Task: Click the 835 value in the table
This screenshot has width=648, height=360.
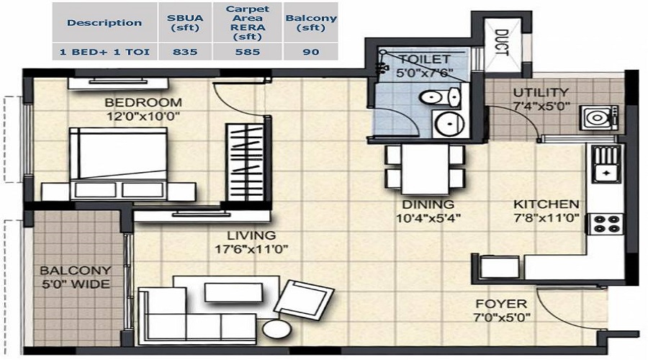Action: point(185,52)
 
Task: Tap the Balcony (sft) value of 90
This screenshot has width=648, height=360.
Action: point(311,52)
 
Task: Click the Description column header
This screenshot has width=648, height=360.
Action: point(104,22)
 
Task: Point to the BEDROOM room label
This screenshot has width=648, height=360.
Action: point(143,102)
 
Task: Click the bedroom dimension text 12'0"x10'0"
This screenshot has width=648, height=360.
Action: point(143,115)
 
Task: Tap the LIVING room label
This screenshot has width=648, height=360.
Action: point(252,235)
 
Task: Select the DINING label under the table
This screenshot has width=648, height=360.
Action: point(428,204)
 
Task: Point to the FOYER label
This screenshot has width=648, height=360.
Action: point(500,304)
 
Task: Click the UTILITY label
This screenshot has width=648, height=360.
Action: point(540,92)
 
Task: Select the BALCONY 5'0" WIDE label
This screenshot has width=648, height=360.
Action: point(75,277)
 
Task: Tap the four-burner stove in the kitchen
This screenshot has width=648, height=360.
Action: point(606,224)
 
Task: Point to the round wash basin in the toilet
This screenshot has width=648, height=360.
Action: point(448,123)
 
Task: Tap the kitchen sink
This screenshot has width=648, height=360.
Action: point(606,164)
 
